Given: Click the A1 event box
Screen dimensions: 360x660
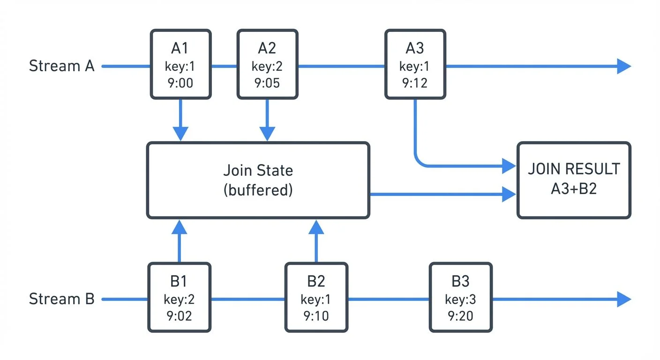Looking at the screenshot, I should (x=180, y=64).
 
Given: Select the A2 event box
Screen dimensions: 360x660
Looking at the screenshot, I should (x=267, y=64).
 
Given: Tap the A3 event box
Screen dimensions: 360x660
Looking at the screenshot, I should (x=415, y=64).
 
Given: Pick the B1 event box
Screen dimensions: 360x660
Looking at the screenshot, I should (x=179, y=297).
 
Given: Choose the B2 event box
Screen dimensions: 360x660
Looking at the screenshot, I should (x=316, y=297).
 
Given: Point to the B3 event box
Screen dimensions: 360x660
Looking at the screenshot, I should (x=460, y=297).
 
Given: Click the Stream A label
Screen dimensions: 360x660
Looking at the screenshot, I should (x=61, y=66).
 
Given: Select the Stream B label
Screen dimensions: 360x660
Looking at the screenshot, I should (x=61, y=299).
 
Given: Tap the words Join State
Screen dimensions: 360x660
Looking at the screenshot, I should (x=258, y=170).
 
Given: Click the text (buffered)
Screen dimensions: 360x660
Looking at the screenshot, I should (x=258, y=191).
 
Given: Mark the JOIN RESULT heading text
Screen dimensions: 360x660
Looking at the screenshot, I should (x=574, y=169).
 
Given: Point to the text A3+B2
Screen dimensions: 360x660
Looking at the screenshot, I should (x=574, y=189).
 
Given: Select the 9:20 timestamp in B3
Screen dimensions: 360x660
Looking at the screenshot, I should (x=460, y=315).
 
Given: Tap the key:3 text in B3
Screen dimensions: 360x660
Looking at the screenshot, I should (x=460, y=299).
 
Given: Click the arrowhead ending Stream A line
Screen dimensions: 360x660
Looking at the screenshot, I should (x=624, y=66).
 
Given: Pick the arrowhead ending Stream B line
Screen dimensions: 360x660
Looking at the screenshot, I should (x=624, y=299).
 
